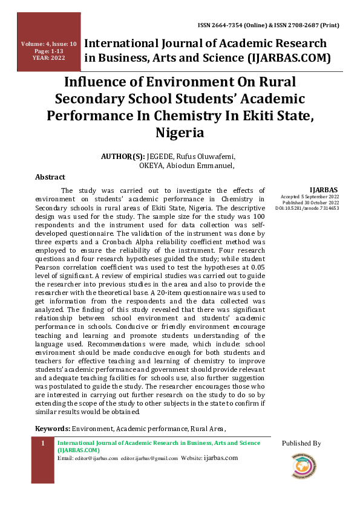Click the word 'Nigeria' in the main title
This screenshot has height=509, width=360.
click(180, 132)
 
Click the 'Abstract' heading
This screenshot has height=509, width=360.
click(50, 177)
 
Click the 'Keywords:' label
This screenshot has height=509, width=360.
click(53, 429)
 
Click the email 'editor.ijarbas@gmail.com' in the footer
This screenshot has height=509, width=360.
click(149, 458)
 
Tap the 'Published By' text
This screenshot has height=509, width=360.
click(301, 443)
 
